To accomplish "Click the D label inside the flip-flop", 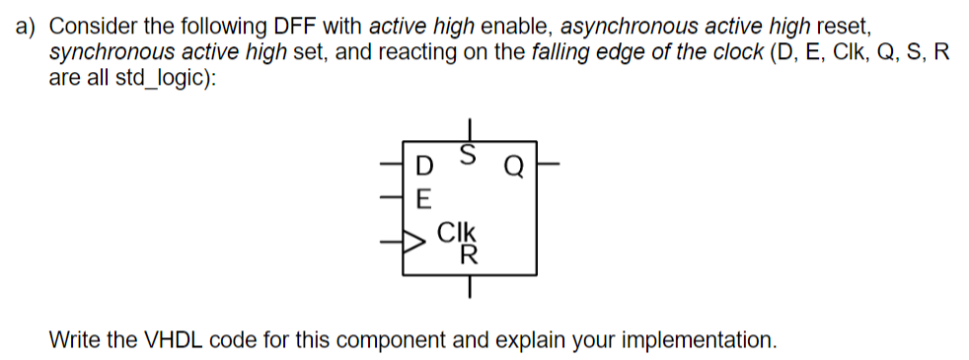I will point(424,165).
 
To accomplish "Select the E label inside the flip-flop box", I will point(424,197).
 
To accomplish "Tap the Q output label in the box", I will point(513,165).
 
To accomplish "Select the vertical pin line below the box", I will point(471,287).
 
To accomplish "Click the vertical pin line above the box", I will point(471,129).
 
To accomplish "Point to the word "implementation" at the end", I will point(703,340).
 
